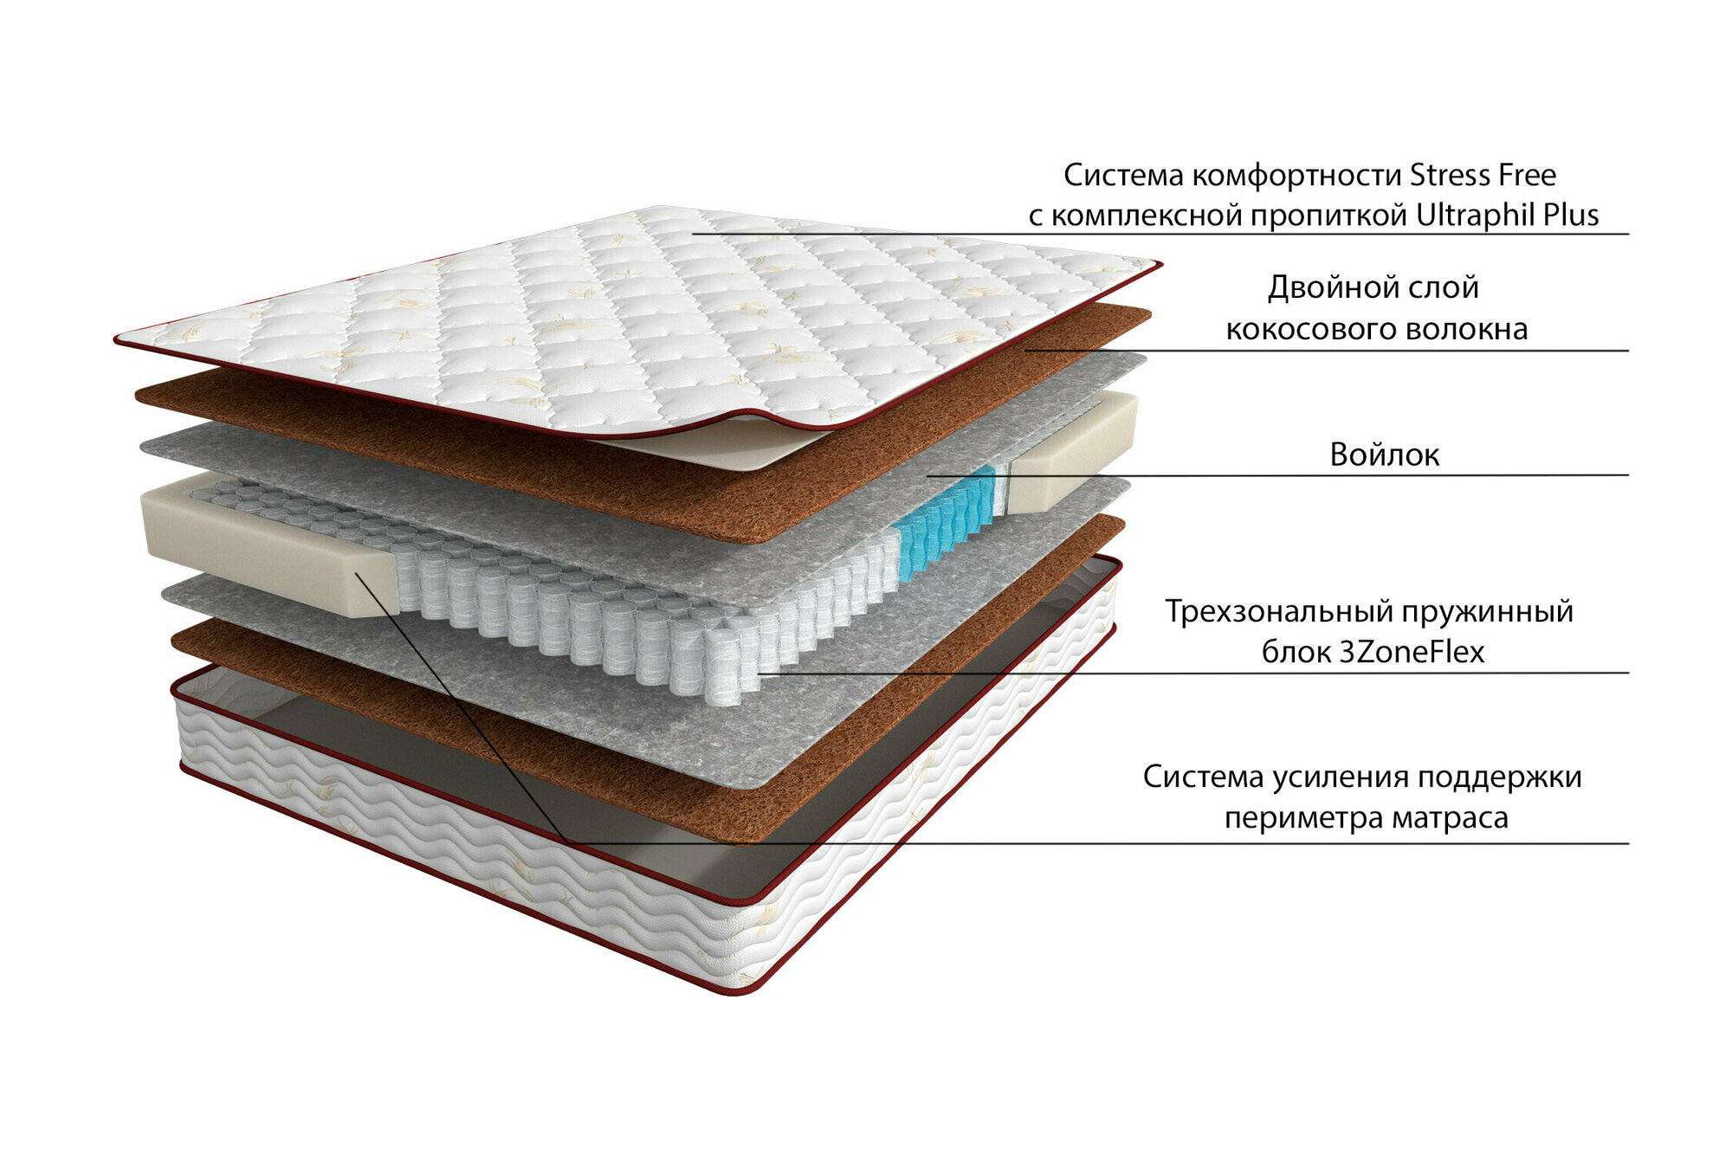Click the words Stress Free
[1483, 176]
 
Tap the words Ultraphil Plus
[1507, 216]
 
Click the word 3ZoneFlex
[1412, 652]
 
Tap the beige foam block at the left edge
[260, 545]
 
